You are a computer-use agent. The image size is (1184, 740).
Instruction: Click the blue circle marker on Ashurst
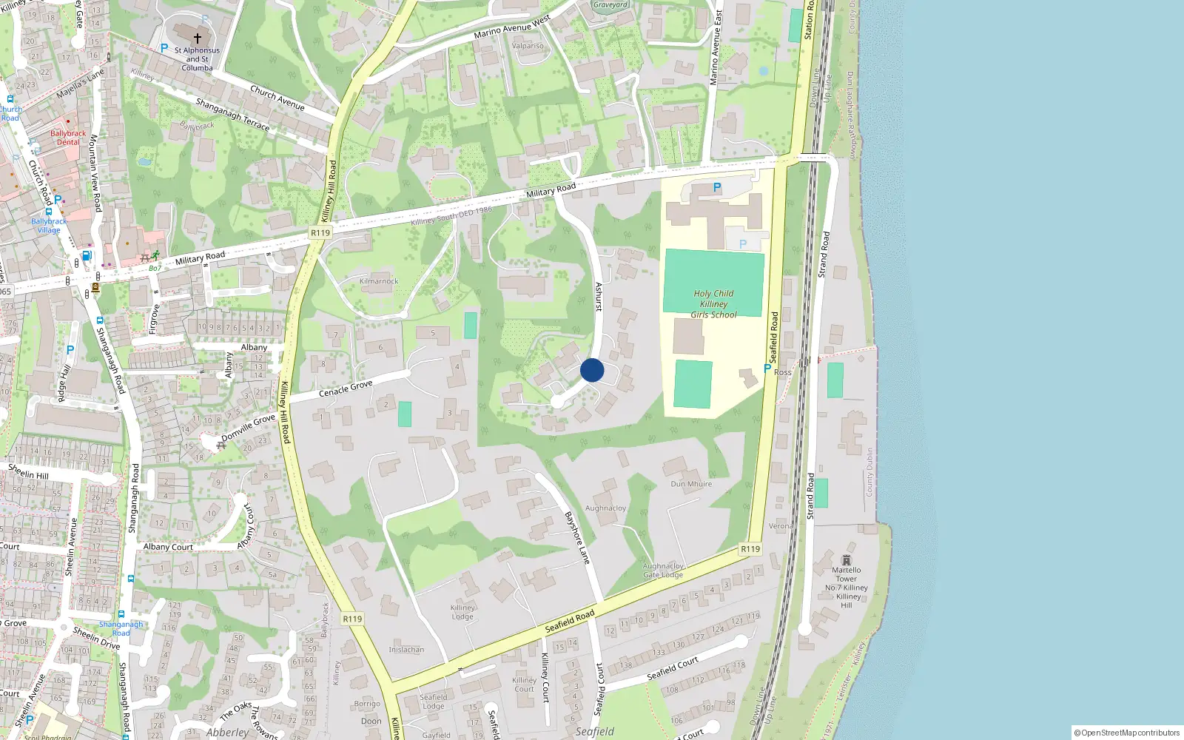pos(592,370)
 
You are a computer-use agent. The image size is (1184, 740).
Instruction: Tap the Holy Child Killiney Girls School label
pos(713,304)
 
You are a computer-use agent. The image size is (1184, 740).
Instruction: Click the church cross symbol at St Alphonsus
pos(198,38)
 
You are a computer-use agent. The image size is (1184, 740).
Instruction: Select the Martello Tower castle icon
pos(847,560)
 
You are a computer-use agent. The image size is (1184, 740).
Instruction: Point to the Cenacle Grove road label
pos(346,388)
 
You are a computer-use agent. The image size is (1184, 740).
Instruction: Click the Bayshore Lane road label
pos(577,538)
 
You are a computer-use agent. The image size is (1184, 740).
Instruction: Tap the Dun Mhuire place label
pos(691,484)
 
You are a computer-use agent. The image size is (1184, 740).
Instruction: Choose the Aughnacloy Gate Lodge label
pos(663,571)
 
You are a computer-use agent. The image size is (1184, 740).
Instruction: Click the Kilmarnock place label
pos(379,281)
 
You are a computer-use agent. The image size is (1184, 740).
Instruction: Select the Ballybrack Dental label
pos(68,138)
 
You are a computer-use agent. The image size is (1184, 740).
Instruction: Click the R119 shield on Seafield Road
pos(750,549)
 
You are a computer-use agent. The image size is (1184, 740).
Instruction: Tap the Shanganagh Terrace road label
pos(232,115)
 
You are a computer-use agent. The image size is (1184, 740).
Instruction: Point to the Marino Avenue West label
pos(512,27)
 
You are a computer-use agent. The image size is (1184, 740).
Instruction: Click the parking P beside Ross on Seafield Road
pos(767,368)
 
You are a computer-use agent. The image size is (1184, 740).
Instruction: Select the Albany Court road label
pos(168,547)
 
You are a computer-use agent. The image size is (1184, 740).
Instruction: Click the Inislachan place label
pos(406,650)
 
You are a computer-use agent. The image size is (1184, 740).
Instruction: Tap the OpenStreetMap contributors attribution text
pos(1127,733)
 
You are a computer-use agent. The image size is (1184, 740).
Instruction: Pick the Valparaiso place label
pos(528,46)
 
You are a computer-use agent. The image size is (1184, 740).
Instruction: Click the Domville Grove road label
pos(248,428)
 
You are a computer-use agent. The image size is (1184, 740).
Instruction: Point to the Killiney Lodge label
pos(462,612)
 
